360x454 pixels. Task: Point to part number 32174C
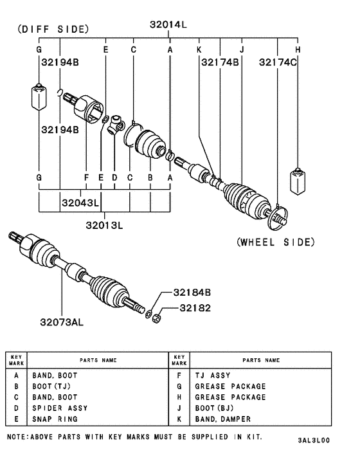[x=278, y=62]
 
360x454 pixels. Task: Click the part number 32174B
[x=220, y=62]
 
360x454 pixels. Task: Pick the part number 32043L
[x=80, y=203]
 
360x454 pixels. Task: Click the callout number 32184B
[x=192, y=292]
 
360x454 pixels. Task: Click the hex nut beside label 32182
[x=157, y=318]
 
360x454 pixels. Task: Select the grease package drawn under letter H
[x=297, y=181]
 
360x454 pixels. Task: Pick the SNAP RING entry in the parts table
[x=55, y=419]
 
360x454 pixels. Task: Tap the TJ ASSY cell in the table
[x=212, y=375]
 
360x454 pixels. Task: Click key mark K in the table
[x=179, y=419]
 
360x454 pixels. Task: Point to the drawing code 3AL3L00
[x=314, y=441]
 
